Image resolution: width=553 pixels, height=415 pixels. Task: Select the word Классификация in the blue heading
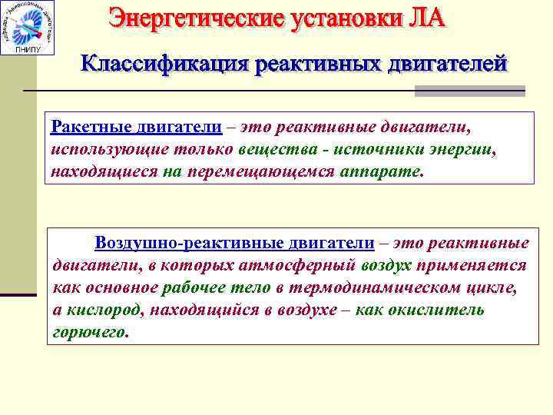pos(162,63)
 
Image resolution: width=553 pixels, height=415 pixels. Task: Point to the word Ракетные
pos(83,126)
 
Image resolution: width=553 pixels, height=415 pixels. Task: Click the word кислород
pos(104,310)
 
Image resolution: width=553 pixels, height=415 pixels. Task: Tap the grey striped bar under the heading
pos(469,91)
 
